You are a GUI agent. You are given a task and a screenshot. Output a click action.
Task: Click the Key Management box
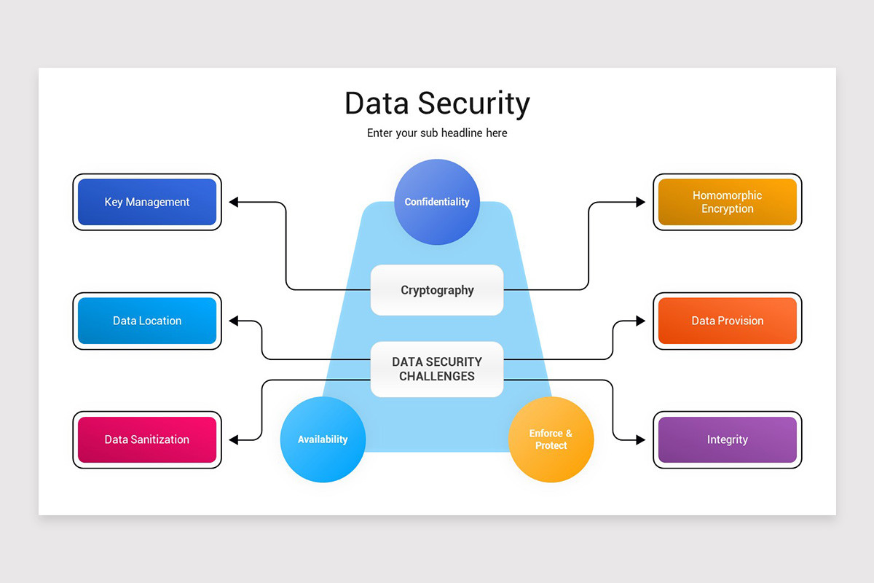click(x=147, y=202)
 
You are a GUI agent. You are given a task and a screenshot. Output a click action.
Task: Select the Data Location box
click(x=147, y=321)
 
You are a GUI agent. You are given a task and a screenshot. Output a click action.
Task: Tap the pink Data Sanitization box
click(x=147, y=439)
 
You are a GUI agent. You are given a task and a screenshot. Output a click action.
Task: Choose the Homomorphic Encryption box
click(x=727, y=202)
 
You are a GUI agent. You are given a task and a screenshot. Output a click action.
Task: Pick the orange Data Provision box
click(x=727, y=321)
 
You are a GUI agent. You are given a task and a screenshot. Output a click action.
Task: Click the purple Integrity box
click(x=727, y=439)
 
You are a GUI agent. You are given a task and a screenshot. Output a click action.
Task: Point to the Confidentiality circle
click(x=437, y=202)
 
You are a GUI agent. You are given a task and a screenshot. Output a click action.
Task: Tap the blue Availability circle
click(x=323, y=439)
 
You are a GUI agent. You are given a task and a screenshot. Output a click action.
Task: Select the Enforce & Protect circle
click(x=551, y=439)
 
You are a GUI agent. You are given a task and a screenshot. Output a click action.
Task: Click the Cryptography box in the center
click(x=437, y=290)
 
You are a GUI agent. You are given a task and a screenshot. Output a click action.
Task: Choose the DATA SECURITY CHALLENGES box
click(x=437, y=369)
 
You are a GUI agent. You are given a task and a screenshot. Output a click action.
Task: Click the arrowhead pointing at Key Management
click(x=235, y=202)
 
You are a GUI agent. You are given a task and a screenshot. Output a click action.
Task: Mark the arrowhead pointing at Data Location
click(x=235, y=321)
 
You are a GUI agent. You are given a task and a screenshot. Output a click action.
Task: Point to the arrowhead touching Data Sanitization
click(x=235, y=439)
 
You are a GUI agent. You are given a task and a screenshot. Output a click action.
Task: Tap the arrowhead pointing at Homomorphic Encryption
click(x=640, y=202)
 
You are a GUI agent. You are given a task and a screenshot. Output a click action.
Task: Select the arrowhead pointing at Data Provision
click(x=640, y=321)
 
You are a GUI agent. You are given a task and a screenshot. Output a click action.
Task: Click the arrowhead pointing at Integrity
click(x=640, y=439)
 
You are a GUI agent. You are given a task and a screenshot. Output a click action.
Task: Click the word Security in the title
click(x=473, y=103)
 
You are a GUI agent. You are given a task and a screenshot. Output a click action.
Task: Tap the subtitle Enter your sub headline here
click(x=437, y=133)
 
